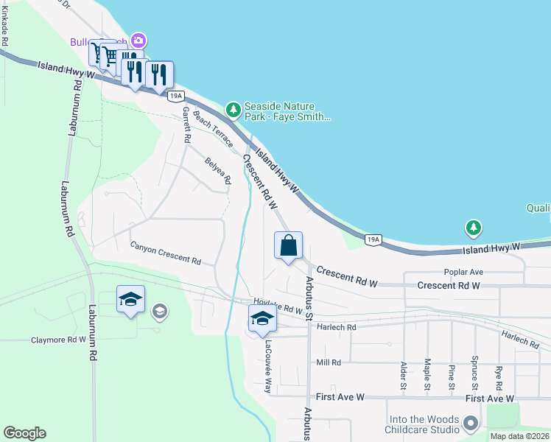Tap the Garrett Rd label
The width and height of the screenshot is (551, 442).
(x=186, y=124)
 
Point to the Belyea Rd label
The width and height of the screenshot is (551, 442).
(x=219, y=170)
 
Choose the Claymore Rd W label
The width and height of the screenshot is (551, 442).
(x=58, y=340)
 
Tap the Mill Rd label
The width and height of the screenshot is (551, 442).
(x=329, y=362)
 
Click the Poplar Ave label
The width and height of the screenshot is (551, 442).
(x=463, y=272)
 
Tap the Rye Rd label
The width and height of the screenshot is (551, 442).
(x=499, y=376)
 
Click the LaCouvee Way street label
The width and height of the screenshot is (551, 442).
(x=269, y=366)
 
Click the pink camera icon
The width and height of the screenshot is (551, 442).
(x=137, y=40)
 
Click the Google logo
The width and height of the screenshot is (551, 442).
(x=24, y=433)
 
